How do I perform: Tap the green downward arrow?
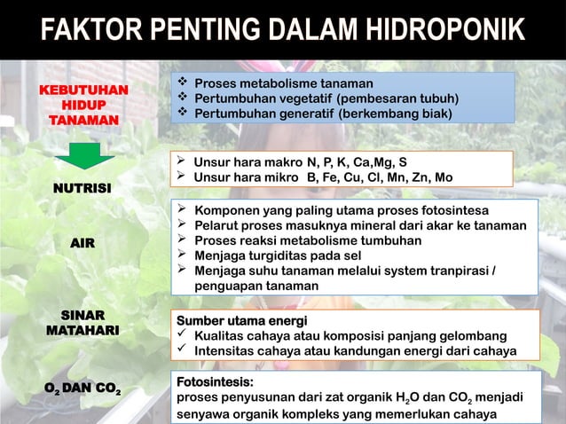click(x=84, y=155)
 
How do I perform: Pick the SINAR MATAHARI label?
click(x=83, y=323)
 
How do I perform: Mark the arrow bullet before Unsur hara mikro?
click(x=181, y=177)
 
